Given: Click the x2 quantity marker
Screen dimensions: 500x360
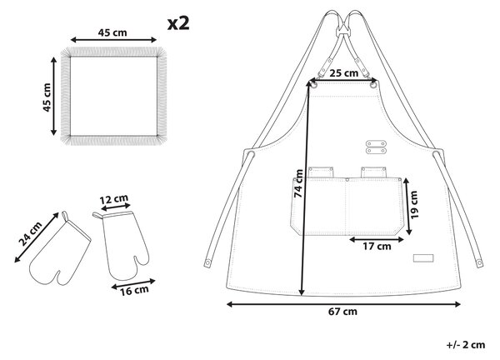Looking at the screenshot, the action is [178, 23].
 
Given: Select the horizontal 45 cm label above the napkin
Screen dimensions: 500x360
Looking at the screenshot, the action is [112, 32].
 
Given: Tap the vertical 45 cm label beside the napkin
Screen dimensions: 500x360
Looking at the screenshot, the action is [47, 97].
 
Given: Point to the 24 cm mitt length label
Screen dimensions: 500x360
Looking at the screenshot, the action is [30, 233].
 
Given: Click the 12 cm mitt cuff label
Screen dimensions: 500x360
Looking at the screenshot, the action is [114, 199].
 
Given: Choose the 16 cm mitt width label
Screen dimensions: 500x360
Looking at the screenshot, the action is [134, 290].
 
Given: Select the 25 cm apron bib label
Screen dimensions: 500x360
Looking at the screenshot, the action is [343, 73].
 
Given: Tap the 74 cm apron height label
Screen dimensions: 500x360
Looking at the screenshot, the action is [298, 183].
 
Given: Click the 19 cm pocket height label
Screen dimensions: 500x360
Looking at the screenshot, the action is [414, 205].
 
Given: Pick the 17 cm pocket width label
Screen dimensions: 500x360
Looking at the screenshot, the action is [377, 246].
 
